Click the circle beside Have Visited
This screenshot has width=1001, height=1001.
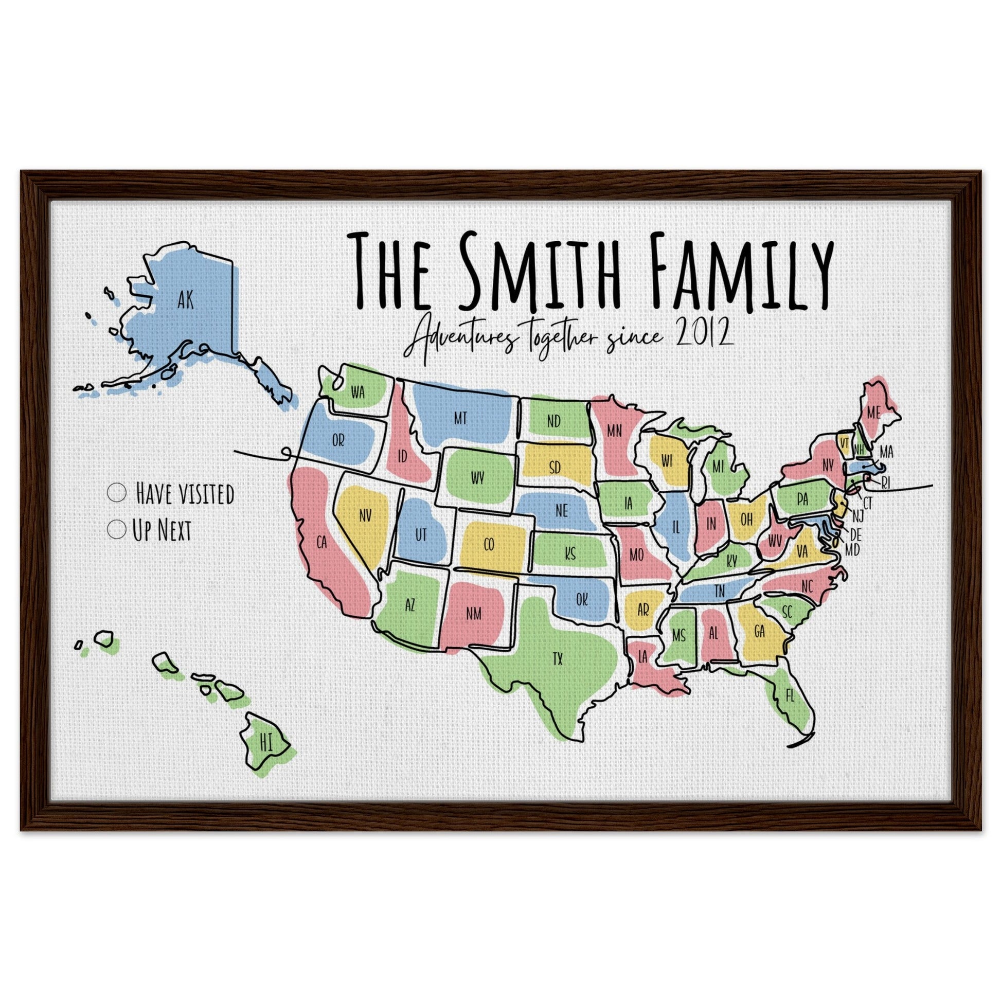117,492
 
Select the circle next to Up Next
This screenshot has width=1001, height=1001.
117,529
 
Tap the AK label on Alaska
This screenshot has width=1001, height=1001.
185,300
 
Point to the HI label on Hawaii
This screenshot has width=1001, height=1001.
266,743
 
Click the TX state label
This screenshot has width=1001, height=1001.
558,659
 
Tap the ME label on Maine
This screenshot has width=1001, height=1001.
873,413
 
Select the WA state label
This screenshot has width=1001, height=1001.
358,392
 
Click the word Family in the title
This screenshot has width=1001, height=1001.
741,272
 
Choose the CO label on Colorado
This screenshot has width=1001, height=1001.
489,545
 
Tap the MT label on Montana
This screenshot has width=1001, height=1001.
460,418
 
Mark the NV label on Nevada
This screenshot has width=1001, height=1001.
365,515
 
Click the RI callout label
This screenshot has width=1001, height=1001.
885,484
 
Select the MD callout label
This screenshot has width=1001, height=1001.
852,550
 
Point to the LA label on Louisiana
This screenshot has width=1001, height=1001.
643,657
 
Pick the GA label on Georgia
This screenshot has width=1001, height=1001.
760,632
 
